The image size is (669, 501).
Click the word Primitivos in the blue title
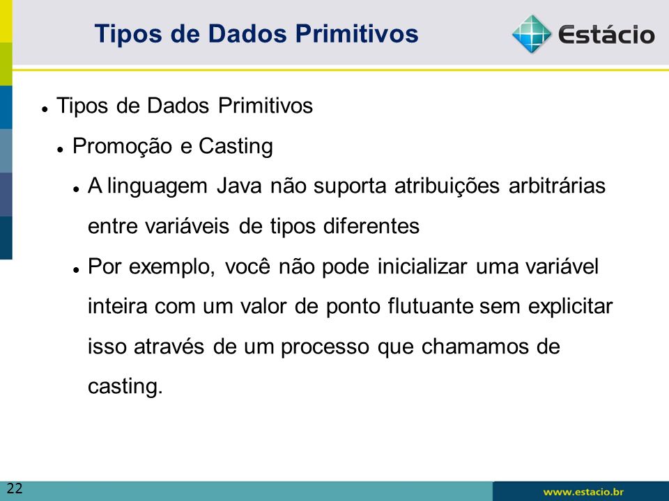pos(356,33)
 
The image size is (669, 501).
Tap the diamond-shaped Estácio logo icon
pos(532,34)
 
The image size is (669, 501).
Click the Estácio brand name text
pos(606,35)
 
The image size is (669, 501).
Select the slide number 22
pos(15,488)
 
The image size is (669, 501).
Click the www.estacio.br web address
pos(583,492)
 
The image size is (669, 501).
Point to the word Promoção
pos(123,147)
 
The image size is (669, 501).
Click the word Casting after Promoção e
pos(236,147)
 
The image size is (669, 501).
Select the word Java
pos(239,186)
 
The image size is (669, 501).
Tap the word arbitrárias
pos(557,186)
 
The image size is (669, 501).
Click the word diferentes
pos(371,226)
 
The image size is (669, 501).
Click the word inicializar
pos(422,267)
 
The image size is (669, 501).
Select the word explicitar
pos(571,307)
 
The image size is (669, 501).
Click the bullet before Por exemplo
pos(77,270)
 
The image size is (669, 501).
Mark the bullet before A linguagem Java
pos(77,189)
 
